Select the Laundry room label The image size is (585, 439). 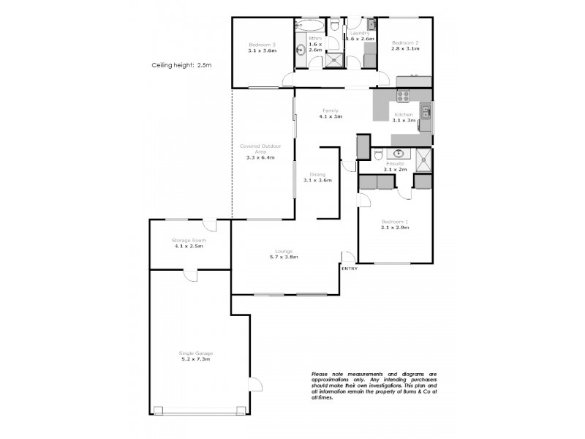coord(360,33)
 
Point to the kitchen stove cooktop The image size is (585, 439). coord(403,95)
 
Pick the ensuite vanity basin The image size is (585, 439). coord(399,154)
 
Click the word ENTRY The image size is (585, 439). coord(350,269)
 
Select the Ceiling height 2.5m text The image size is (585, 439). coord(181,65)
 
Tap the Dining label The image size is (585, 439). coord(317,174)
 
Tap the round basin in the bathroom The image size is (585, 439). coord(301,50)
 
